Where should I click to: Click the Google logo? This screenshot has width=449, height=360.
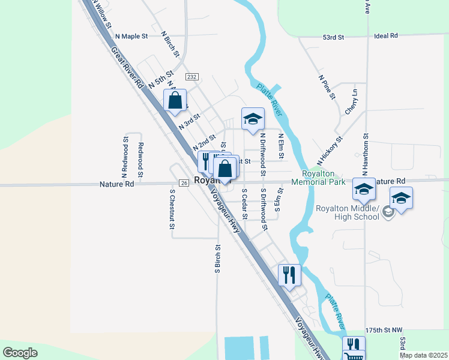point(20,353)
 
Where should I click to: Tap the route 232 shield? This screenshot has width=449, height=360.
point(191,77)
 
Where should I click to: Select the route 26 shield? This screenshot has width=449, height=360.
point(184,182)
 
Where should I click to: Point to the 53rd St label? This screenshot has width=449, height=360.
point(333,37)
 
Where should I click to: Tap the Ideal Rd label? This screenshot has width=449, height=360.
point(385,36)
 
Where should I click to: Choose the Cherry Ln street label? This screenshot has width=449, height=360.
point(351,103)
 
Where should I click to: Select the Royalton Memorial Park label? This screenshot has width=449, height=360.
point(324,177)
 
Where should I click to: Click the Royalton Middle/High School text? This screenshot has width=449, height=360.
point(348,212)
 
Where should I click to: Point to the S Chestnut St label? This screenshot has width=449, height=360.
point(172,209)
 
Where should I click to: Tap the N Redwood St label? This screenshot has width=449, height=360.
point(126,155)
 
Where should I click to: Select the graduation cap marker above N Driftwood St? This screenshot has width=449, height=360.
point(253,118)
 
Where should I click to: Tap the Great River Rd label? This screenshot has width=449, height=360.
point(127,68)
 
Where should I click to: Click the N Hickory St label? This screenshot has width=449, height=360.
point(330,151)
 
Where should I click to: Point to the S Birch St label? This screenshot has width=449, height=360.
point(218,259)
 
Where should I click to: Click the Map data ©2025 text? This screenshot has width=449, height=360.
point(423,355)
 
